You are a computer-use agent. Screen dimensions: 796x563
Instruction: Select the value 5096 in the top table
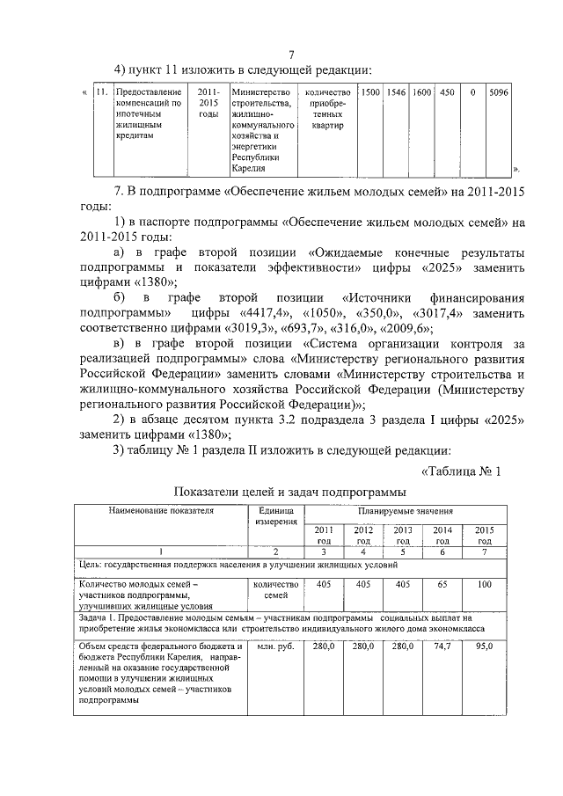[x=499, y=92]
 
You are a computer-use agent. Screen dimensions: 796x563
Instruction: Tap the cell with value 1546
[x=398, y=92]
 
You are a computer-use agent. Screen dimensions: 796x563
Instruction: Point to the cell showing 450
[x=447, y=92]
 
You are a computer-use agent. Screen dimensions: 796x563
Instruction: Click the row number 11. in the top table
[x=100, y=92]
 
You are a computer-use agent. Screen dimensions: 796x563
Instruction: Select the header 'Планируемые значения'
[x=405, y=510]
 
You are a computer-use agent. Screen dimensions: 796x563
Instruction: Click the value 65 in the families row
[x=444, y=584]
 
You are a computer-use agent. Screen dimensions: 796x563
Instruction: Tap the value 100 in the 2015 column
[x=484, y=584]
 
